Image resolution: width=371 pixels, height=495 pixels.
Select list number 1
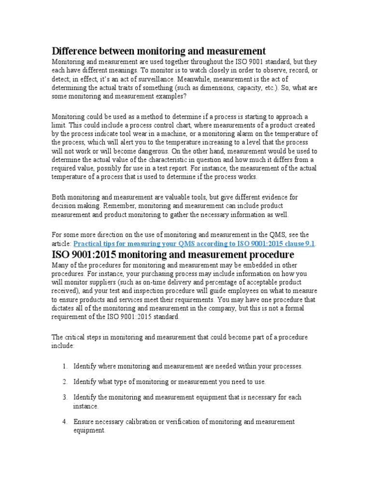(64, 366)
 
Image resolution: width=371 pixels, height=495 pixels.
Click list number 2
(64, 382)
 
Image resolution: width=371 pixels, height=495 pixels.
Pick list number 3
(64, 397)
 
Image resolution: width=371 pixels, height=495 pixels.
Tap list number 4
(64, 422)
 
